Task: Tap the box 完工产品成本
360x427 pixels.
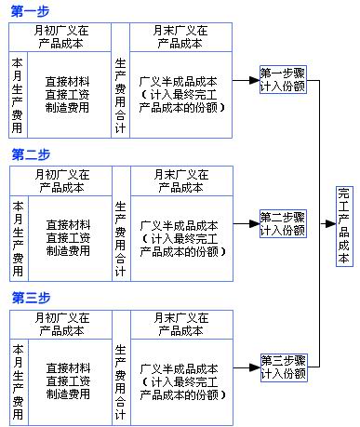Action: [x=343, y=224]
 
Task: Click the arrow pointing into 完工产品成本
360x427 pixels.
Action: [x=328, y=224]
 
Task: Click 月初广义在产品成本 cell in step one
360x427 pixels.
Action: [x=60, y=36]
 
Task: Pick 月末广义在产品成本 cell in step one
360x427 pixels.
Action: [x=182, y=36]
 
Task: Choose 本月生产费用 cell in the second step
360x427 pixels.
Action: [x=18, y=237]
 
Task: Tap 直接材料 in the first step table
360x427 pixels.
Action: [x=67, y=81]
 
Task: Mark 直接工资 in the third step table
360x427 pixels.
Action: [x=67, y=381]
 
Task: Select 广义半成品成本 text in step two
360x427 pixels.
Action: [x=180, y=225]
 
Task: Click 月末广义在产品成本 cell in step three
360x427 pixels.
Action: [x=182, y=325]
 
